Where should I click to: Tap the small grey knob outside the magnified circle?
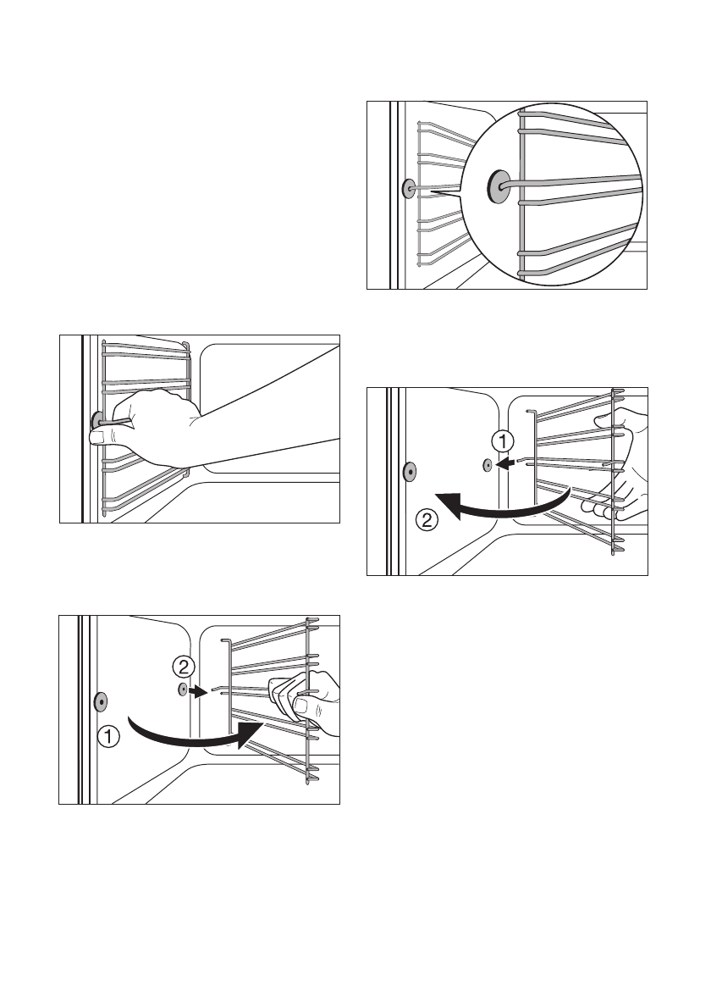tap(408, 189)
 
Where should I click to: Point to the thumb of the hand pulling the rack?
tap(100, 436)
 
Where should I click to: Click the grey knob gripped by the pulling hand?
tap(96, 418)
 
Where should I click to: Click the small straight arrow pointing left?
tap(505, 463)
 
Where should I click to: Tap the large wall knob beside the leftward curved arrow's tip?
tap(409, 470)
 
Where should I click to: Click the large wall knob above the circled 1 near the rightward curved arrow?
tap(101, 701)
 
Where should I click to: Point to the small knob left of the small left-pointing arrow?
tap(487, 464)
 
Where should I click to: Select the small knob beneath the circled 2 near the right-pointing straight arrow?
tap(182, 690)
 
